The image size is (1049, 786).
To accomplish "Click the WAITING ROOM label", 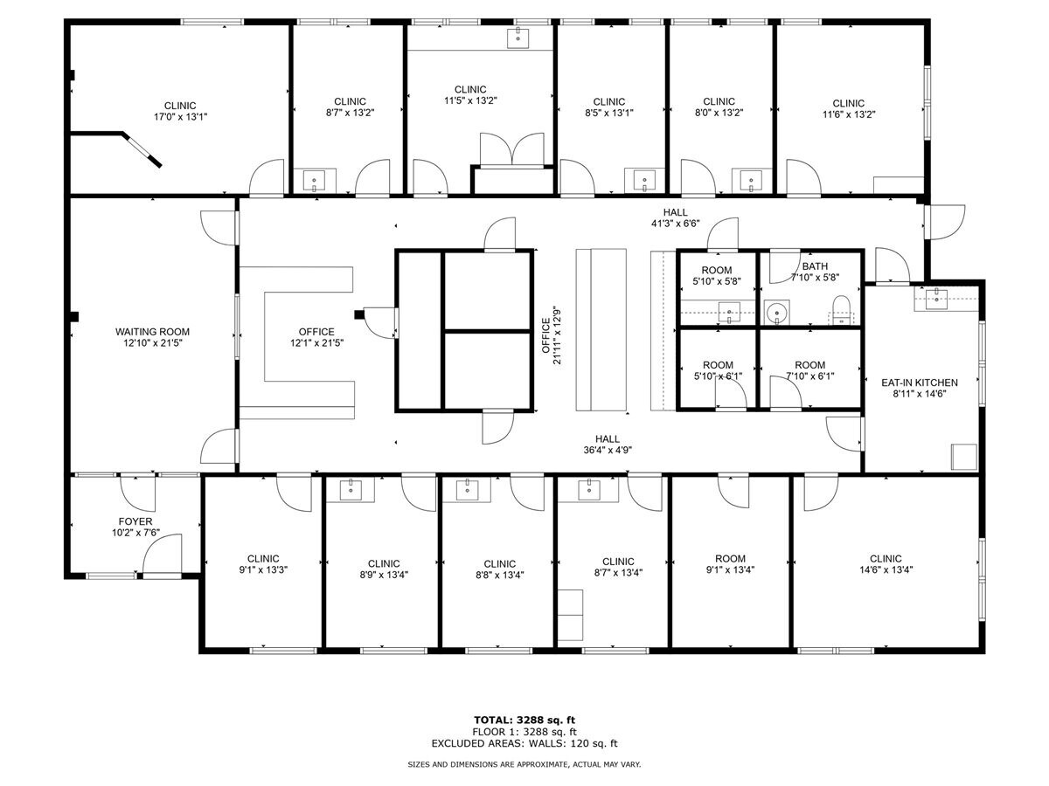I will point(152,332).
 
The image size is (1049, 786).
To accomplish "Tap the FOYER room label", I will point(135,521).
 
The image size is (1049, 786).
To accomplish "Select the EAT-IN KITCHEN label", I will point(920,383).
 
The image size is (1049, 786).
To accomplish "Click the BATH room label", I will point(815,267).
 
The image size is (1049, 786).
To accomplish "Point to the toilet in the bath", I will point(841,309).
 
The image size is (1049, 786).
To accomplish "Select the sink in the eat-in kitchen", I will point(936,297).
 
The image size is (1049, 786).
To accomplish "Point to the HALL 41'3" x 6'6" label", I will point(675,217).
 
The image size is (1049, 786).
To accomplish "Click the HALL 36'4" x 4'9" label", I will point(608,445).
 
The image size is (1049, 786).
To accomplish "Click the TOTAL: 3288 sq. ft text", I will point(524,720).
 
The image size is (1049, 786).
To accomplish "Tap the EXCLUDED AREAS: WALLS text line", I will point(524,744).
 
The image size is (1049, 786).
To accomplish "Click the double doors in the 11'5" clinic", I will point(513,149).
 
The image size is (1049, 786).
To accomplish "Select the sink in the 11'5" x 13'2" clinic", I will point(518,37).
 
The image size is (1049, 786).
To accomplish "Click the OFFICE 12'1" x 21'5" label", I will point(316,337).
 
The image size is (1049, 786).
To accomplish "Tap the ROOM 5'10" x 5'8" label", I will point(717,276).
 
